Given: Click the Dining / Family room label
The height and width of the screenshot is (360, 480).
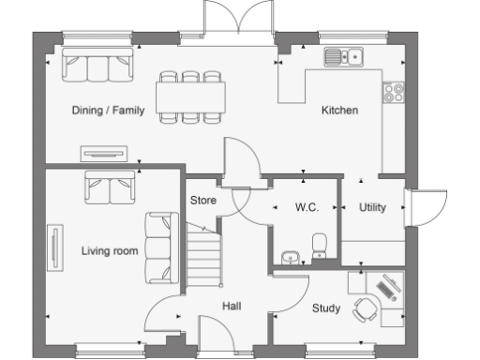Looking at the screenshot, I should (108, 111).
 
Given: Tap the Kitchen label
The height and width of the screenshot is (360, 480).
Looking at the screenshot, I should (339, 111).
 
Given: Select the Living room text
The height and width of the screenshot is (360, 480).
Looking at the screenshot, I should (110, 250).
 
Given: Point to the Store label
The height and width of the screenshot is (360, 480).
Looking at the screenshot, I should (203, 200).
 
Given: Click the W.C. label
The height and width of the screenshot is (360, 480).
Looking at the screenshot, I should (307, 207).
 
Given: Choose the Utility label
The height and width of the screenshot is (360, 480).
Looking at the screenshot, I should (372, 207).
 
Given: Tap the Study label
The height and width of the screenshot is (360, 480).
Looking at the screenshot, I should (325, 307).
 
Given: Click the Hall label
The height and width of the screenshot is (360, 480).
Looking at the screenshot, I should (232, 306).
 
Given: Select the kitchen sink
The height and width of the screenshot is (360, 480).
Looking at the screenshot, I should (344, 57).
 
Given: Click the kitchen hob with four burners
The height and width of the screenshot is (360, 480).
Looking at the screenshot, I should (394, 92).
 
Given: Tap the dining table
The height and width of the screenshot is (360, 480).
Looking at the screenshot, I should (191, 96).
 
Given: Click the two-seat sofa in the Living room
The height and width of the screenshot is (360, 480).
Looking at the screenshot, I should (111, 187).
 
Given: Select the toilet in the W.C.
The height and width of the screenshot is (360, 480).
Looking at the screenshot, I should (319, 246).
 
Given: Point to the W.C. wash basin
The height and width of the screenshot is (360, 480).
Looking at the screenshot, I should (288, 255).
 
